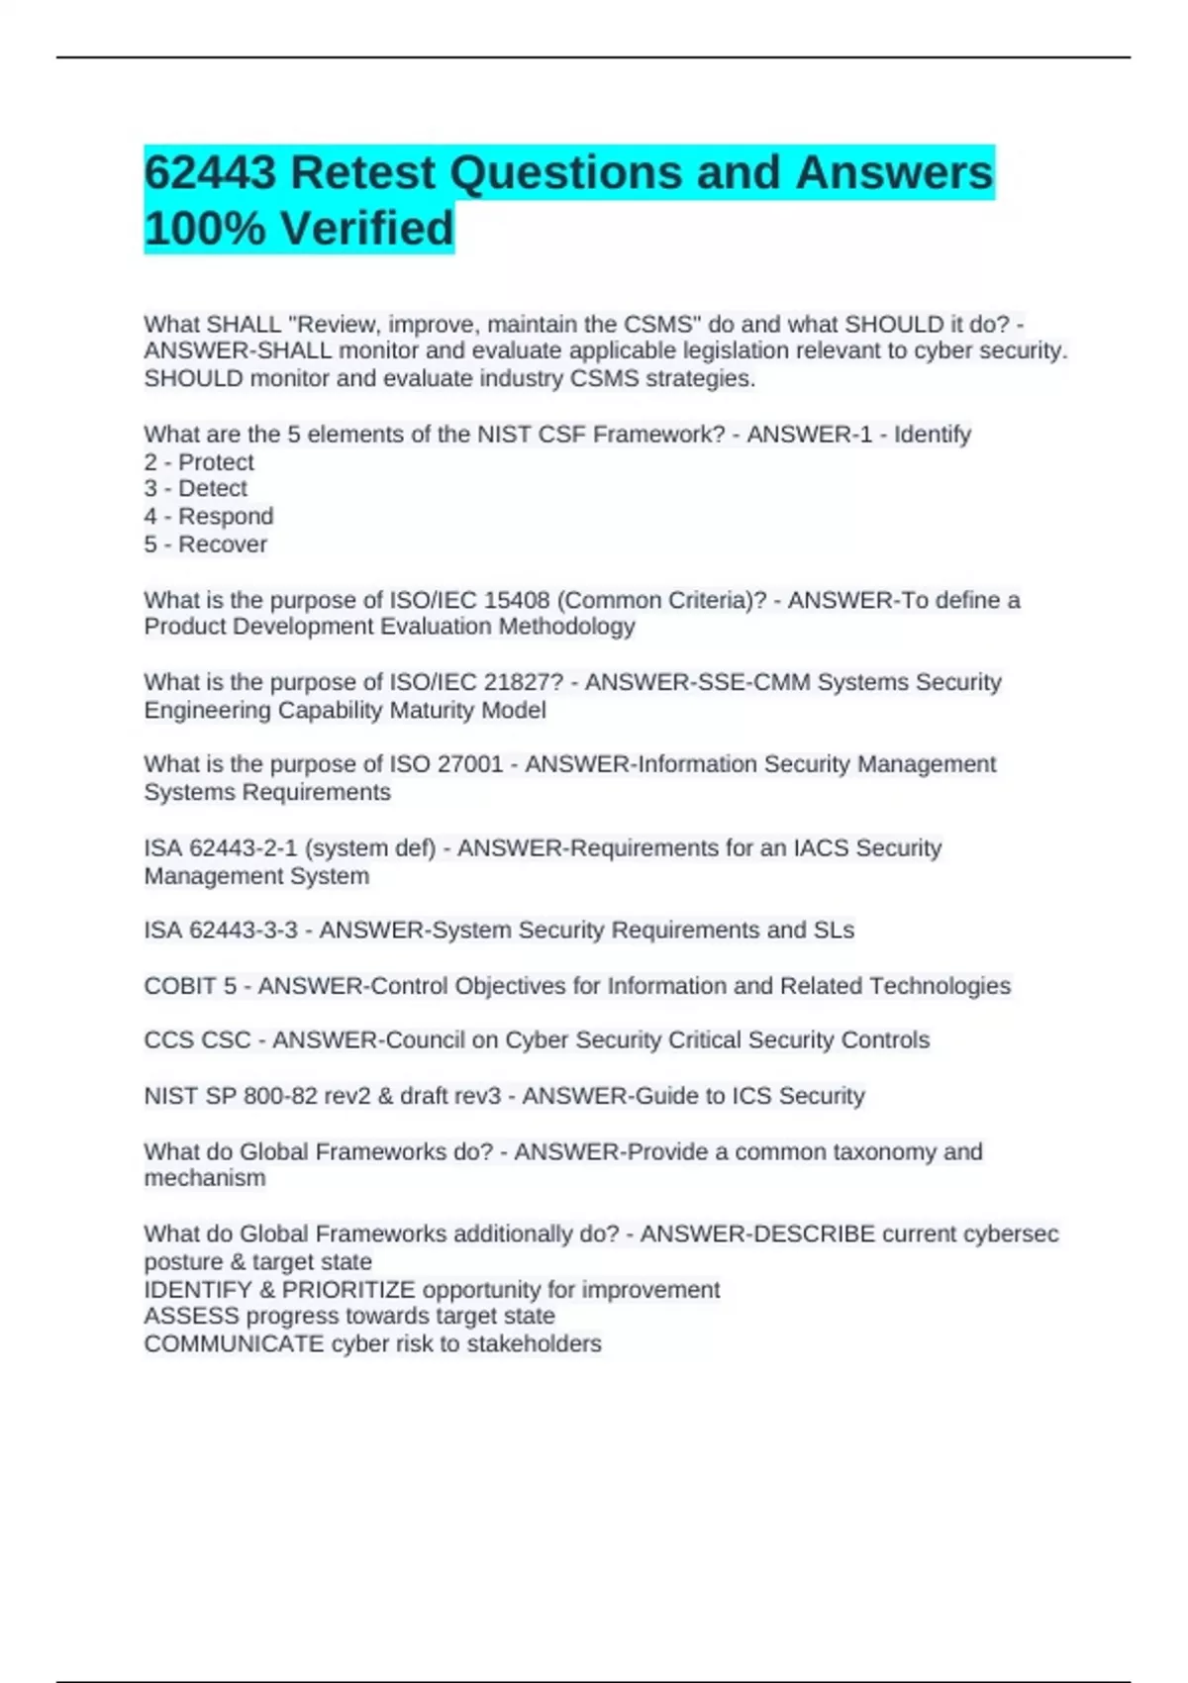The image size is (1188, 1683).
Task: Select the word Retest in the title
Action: (x=363, y=173)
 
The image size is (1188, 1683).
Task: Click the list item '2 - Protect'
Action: (x=199, y=462)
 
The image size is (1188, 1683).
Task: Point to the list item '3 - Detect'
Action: (x=195, y=489)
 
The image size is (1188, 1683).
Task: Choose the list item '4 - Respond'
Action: (x=208, y=517)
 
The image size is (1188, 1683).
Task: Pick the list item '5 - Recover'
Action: (x=205, y=544)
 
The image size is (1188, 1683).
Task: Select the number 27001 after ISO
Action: (x=470, y=765)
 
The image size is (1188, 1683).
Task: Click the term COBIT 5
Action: (x=190, y=986)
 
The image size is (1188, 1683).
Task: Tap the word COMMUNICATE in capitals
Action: (x=234, y=1344)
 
